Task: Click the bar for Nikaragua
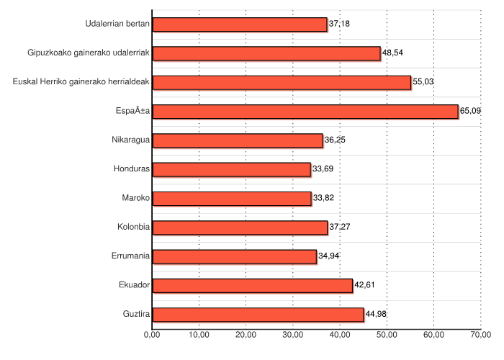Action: [238, 140]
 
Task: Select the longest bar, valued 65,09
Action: [305, 111]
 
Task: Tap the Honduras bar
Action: [232, 169]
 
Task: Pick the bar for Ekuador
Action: [253, 285]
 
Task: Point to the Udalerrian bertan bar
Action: [240, 24]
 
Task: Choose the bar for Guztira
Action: [258, 315]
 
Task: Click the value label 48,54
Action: [392, 53]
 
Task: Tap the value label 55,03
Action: [423, 82]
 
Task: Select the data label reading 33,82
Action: [323, 198]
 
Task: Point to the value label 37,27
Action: [339, 227]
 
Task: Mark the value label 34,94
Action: [328, 256]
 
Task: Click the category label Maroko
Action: [136, 198]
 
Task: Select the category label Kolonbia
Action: [133, 227]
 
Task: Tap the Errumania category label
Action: [131, 256]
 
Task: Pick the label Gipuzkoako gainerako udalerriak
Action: [89, 53]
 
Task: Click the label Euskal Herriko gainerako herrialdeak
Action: [81, 82]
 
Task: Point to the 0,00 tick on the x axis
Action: [152, 335]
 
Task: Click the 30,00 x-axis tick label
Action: [293, 335]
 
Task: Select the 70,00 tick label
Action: [481, 335]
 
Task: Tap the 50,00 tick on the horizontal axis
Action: [387, 335]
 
